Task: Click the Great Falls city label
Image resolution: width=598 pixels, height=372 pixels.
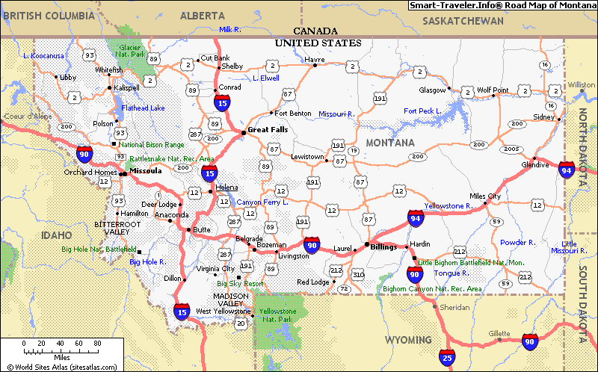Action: (x=268, y=128)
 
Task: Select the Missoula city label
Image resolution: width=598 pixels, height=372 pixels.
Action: (x=145, y=171)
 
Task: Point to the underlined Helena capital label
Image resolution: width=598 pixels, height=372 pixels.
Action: (x=227, y=187)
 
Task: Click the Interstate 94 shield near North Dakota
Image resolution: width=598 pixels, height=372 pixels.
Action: (x=567, y=170)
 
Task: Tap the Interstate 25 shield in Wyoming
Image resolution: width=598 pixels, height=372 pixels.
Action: (x=447, y=356)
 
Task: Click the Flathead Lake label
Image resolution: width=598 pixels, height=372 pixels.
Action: (x=143, y=108)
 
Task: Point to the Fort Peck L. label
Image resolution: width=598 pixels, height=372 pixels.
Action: (x=422, y=111)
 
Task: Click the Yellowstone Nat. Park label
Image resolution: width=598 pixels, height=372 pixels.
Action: (x=277, y=314)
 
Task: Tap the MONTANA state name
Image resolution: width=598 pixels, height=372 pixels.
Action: (x=389, y=143)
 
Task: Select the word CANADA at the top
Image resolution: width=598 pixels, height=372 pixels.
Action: (x=315, y=31)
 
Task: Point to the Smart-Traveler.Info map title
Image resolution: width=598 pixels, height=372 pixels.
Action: (x=502, y=5)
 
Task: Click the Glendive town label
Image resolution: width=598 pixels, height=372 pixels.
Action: (x=535, y=164)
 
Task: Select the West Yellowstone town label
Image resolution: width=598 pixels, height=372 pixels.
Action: (x=223, y=311)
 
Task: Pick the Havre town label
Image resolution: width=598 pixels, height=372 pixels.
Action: (x=314, y=59)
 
